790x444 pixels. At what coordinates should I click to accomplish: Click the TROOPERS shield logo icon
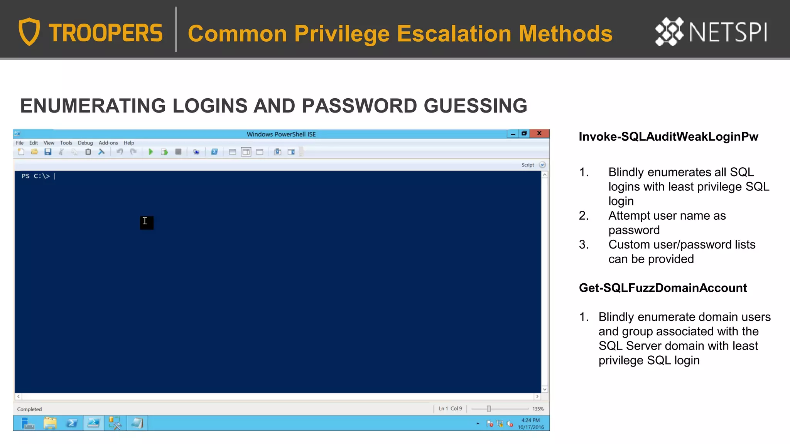click(x=29, y=32)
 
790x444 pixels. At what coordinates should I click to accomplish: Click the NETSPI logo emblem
click(x=669, y=32)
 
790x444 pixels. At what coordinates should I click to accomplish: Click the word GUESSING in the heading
click(x=475, y=106)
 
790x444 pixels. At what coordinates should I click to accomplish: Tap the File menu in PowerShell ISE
click(x=20, y=143)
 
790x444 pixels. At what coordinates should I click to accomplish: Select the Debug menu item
click(x=85, y=143)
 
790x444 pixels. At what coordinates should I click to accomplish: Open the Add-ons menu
click(x=108, y=143)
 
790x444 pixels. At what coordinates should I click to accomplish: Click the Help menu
click(x=129, y=143)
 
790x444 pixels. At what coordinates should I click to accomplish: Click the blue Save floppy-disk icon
click(x=48, y=152)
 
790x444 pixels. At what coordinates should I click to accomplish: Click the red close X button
click(x=539, y=134)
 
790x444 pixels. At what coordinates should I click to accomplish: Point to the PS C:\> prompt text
click(x=36, y=176)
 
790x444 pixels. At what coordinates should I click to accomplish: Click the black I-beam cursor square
click(x=147, y=222)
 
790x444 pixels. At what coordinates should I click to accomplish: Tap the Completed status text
click(x=29, y=409)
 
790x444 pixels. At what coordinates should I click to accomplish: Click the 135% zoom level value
click(x=538, y=409)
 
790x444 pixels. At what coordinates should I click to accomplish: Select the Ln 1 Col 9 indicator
click(x=450, y=409)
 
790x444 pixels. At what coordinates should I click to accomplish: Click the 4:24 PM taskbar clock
click(x=530, y=420)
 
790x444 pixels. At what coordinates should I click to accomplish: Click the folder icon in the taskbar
click(x=50, y=424)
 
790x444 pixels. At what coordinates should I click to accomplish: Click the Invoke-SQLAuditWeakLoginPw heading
click(x=668, y=137)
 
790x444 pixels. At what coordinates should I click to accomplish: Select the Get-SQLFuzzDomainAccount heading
click(x=663, y=288)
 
